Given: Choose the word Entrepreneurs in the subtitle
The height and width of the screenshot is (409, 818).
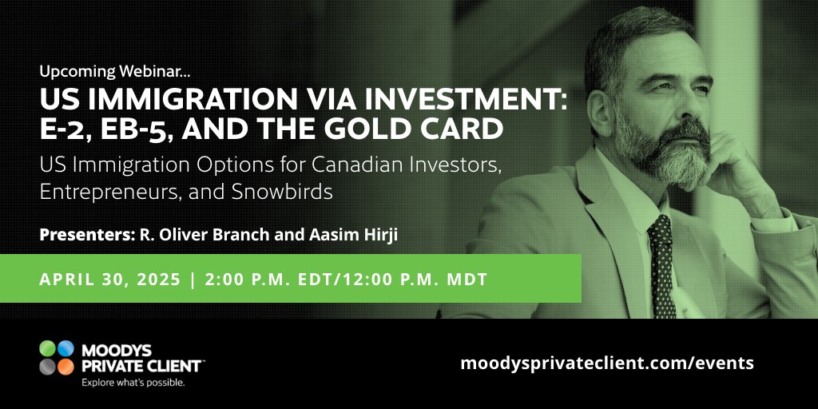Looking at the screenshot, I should tap(105, 193).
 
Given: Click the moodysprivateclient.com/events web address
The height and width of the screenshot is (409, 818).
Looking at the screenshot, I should tap(607, 363).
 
